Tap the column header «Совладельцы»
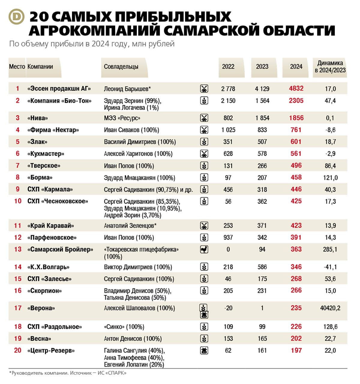pos(121,67)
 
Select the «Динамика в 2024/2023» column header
pos(330,67)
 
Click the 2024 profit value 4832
pos(296,88)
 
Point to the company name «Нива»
pos(37,118)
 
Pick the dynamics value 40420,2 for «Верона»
pos(330,308)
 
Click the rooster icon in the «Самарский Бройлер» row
pos(204,249)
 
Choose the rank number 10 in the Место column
pos(18,201)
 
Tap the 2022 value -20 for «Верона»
pos(228,308)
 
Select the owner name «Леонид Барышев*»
pos(127,89)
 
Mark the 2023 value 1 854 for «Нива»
pos(262,118)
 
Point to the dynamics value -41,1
pos(330,267)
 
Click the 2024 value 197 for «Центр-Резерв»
pos(296,350)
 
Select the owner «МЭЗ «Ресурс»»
pos(122,118)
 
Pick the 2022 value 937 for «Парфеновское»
pos(228,238)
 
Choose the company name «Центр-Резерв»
pos(51,350)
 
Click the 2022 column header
pos(228,67)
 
